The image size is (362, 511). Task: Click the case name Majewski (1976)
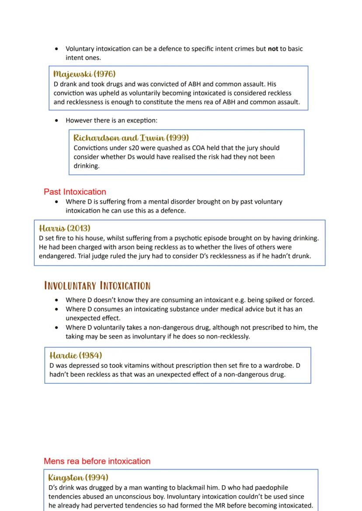point(84,74)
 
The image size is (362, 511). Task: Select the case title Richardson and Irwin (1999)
point(131,138)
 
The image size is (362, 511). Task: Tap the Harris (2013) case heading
point(64,228)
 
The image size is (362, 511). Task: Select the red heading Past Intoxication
point(75,192)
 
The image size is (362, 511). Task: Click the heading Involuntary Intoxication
point(97,286)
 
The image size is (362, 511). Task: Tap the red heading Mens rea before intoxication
point(97,461)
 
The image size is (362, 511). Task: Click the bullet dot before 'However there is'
point(56,120)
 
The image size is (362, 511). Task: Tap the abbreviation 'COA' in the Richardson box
point(199,148)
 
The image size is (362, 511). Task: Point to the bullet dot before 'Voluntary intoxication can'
point(56,49)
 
